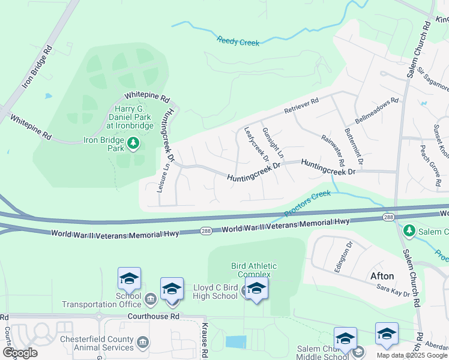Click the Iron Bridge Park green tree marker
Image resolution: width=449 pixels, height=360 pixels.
click(133, 143)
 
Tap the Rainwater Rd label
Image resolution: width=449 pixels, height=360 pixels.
click(333, 151)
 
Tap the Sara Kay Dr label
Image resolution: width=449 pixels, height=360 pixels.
click(394, 290)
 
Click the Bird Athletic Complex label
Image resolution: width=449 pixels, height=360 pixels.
click(251, 270)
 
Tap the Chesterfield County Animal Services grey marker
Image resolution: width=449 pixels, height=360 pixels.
click(143, 343)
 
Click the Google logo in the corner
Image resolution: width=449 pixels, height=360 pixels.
click(20, 352)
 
